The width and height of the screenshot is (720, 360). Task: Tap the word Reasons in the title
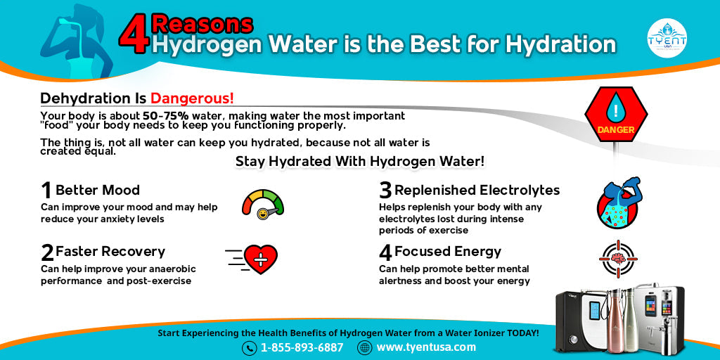coord(202,24)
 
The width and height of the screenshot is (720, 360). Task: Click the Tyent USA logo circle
coord(667,37)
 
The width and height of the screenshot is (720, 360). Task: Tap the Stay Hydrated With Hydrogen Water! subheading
coord(359,162)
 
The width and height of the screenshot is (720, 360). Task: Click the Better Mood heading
coord(97,190)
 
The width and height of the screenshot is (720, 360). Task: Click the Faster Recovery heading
coord(110,252)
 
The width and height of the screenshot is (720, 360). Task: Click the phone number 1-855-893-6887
coord(302,347)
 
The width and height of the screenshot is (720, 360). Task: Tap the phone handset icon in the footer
coord(249,348)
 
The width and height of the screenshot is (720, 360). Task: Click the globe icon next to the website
coord(364,347)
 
